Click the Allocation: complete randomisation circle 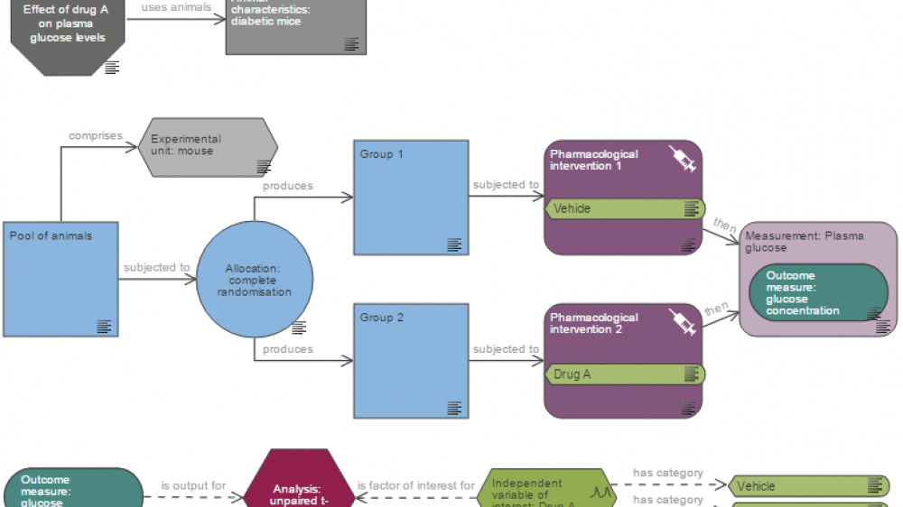click(255, 280)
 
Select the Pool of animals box click(61, 279)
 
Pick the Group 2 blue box click(411, 361)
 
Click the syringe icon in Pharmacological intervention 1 click(682, 159)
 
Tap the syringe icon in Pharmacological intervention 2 click(682, 322)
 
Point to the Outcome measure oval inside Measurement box click(818, 293)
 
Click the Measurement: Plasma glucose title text click(804, 241)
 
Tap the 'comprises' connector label click(96, 135)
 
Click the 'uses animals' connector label click(176, 7)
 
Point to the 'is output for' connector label click(193, 485)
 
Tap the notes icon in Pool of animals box click(104, 326)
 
